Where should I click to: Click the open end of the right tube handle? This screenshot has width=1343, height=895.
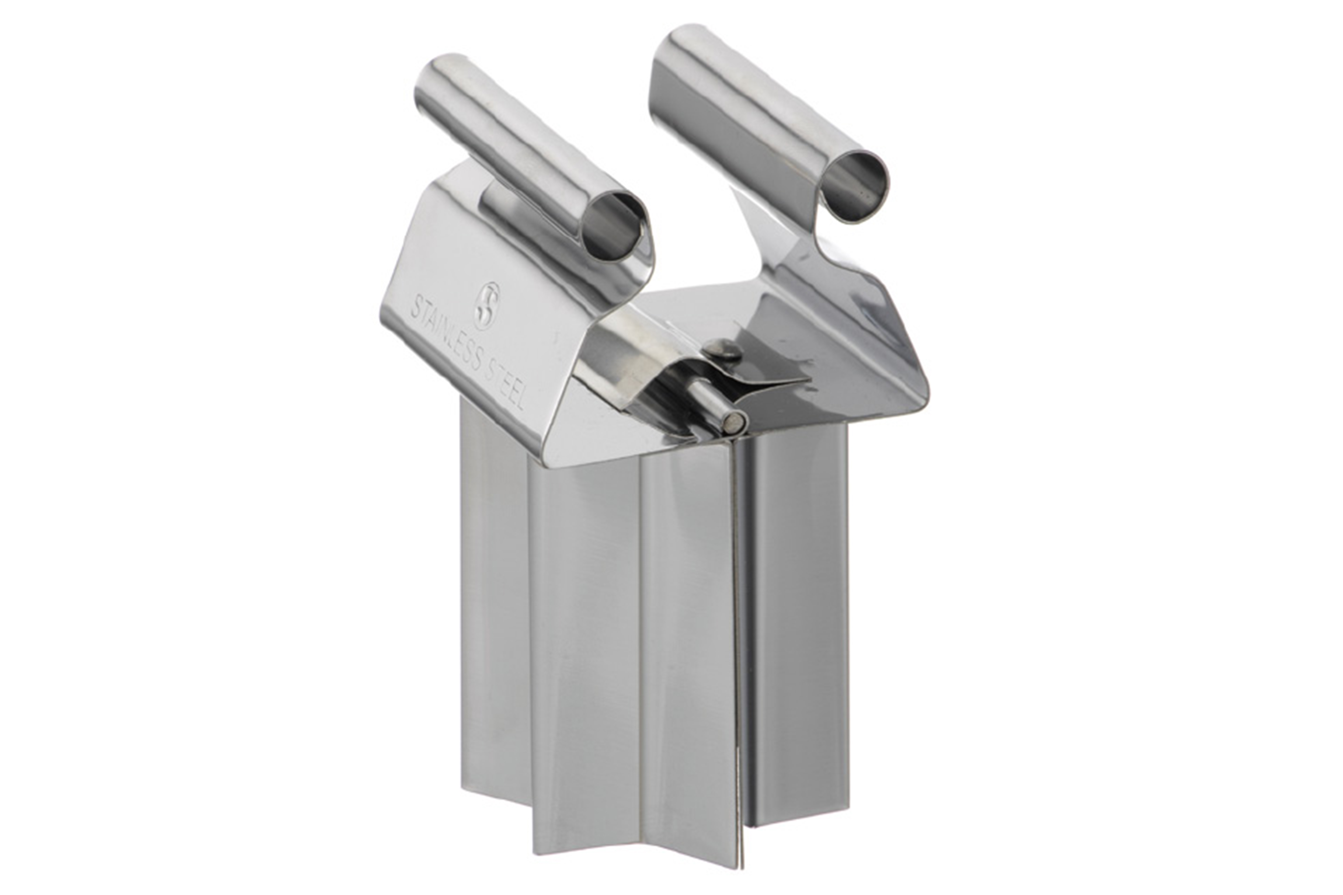854,184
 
